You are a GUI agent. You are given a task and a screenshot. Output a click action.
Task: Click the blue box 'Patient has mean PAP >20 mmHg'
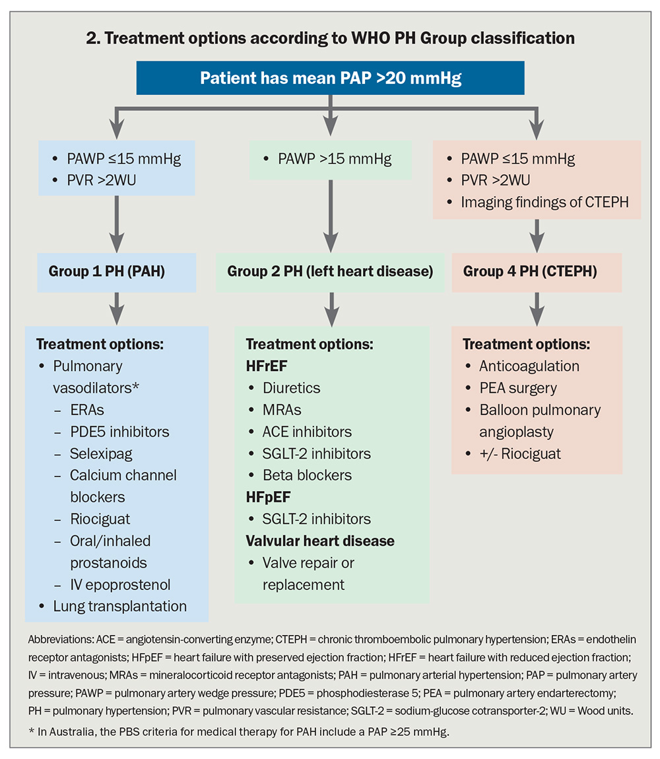pyautogui.click(x=330, y=79)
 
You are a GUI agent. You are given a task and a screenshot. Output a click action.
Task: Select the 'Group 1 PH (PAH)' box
pyautogui.click(x=116, y=271)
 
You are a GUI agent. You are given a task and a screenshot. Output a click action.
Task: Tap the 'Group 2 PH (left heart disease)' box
pyautogui.click(x=330, y=271)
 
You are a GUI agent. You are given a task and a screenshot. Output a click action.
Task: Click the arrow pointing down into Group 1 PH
pyautogui.click(x=116, y=224)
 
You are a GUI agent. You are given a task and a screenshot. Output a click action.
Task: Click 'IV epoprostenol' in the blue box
pyautogui.click(x=120, y=584)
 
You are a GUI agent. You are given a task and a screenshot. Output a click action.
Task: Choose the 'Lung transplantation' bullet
pyautogui.click(x=119, y=606)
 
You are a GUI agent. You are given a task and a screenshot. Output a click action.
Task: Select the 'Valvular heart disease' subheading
pyautogui.click(x=320, y=541)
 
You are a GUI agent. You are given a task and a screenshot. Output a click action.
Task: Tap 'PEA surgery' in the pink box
pyautogui.click(x=518, y=387)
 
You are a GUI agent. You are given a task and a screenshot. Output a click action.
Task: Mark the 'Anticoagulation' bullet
pyautogui.click(x=529, y=366)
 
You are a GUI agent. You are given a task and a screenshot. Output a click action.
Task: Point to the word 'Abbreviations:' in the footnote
pyautogui.click(x=59, y=640)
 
